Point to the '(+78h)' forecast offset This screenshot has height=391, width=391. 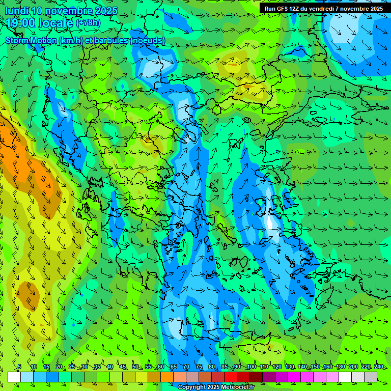(88, 22)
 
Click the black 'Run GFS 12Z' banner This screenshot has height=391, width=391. (324, 9)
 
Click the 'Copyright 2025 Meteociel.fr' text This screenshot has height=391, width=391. (216, 387)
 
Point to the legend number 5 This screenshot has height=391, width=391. (19, 367)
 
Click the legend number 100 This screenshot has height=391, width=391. (251, 367)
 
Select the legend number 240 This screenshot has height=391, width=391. (378, 367)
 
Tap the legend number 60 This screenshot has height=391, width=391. (161, 367)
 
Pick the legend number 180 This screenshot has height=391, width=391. (340, 367)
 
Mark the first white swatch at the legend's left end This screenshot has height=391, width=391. (14, 377)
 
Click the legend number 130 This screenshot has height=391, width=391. (290, 367)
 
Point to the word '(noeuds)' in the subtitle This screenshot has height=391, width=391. (148, 40)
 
